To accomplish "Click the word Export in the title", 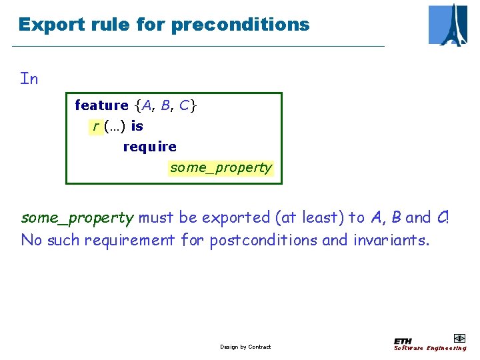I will click(x=44, y=25).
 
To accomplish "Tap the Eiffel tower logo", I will click(x=448, y=25).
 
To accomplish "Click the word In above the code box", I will click(x=29, y=79).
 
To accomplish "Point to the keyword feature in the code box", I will click(x=101, y=105).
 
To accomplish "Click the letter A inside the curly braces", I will click(x=147, y=105).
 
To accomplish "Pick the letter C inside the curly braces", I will click(x=184, y=105).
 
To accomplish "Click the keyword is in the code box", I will click(x=137, y=126).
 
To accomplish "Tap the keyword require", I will click(x=150, y=147).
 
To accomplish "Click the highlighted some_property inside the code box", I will click(x=221, y=167).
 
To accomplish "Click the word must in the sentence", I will click(x=153, y=217).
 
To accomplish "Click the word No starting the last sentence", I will click(x=31, y=239).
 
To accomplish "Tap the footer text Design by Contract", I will click(x=245, y=347).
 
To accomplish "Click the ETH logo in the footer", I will click(x=403, y=341).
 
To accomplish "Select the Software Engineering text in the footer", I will click(x=430, y=348).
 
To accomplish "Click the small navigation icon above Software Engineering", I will click(x=459, y=338).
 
